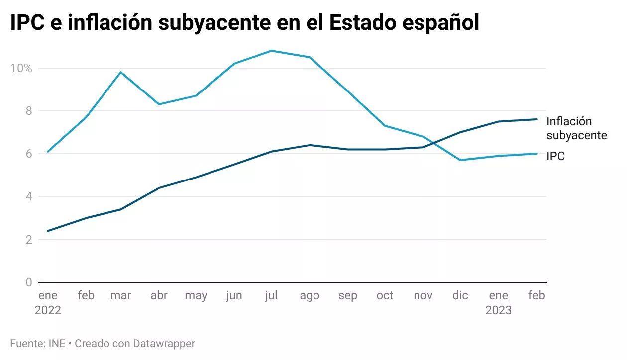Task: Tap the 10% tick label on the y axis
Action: pos(21,68)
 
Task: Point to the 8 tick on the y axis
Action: pos(28,111)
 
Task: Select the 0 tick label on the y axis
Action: pos(28,282)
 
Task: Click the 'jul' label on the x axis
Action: pos(271,295)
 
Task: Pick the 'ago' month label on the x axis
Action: pos(310,295)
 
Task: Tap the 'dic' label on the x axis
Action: pos(460,295)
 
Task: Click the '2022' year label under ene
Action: pos(48,310)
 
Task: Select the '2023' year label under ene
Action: pos(499,310)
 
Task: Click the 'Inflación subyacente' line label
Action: pos(576,128)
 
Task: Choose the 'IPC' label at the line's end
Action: pos(555,156)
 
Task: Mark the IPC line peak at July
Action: pos(272,51)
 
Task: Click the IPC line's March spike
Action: pos(121,72)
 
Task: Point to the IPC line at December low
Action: pos(460,160)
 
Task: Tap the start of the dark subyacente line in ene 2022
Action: pos(48,231)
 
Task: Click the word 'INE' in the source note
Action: pos(57,343)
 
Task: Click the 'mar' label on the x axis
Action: pos(121,295)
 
